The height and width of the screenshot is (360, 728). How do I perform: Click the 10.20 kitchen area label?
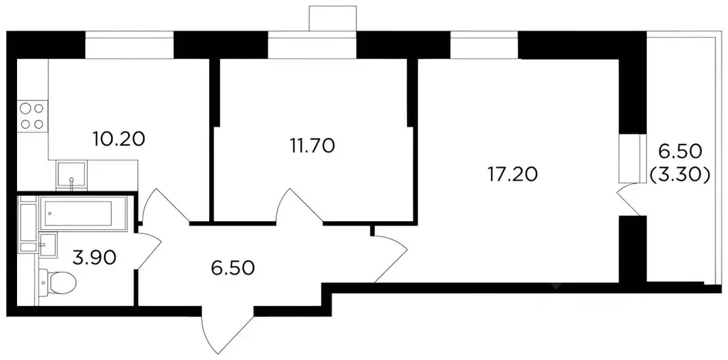tap(119, 138)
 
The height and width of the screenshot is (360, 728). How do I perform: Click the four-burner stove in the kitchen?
tap(32, 116)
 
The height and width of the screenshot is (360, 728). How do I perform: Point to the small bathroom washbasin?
tap(48, 243)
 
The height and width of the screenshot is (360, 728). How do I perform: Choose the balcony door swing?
tap(631, 201)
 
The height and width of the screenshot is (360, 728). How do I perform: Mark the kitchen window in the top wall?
tap(130, 45)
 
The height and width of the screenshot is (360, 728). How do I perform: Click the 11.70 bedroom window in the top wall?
tap(312, 45)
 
